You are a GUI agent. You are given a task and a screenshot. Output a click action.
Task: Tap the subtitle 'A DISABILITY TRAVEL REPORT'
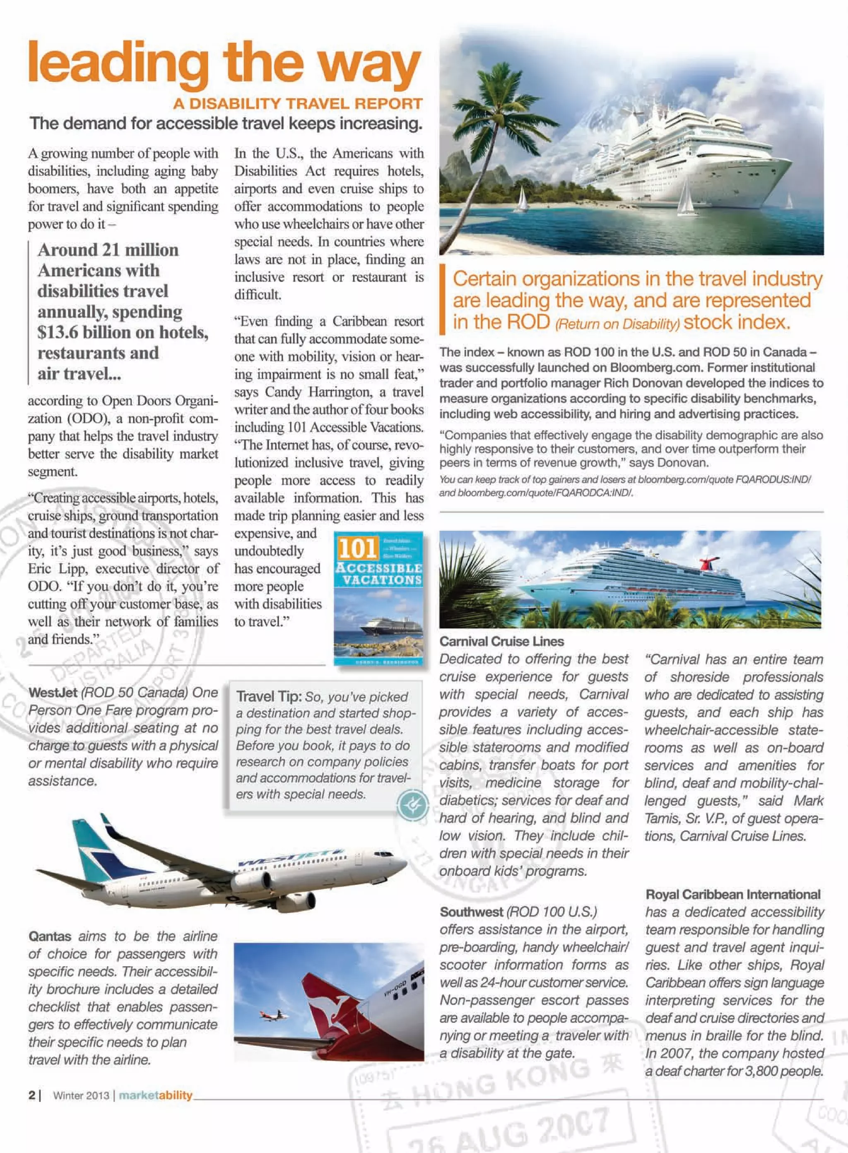(298, 103)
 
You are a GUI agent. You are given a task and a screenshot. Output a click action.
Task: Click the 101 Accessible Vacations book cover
(378, 598)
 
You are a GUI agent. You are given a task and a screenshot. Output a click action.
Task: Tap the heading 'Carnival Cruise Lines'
(501, 641)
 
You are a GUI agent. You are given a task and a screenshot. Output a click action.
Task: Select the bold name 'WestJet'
(53, 692)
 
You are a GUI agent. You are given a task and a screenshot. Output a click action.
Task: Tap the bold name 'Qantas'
(50, 936)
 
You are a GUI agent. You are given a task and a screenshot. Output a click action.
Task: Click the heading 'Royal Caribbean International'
(732, 894)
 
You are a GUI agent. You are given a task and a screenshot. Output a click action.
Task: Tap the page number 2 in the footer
(32, 1095)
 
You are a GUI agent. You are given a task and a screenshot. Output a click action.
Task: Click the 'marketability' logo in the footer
(156, 1095)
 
